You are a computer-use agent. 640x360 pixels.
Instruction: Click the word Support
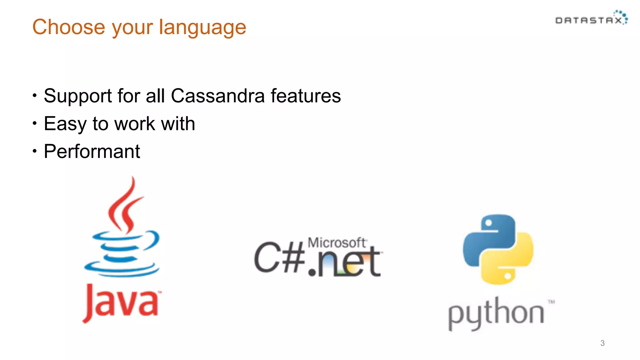(x=78, y=96)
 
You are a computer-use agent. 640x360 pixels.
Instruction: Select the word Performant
(x=92, y=152)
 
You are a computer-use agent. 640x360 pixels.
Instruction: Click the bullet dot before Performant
(x=35, y=152)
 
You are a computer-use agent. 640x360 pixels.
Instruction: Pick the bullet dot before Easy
(x=35, y=124)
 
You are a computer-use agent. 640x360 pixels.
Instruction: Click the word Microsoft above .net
(x=337, y=242)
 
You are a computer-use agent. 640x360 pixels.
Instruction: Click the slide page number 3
(x=602, y=343)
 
